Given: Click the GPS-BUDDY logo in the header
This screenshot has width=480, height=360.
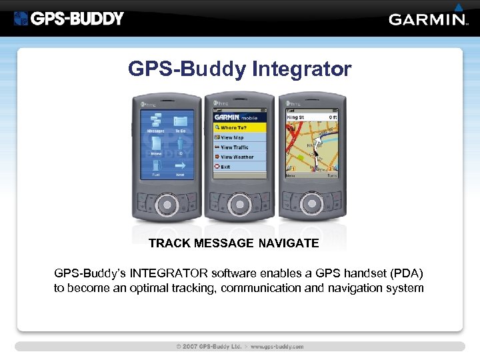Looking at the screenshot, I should pos(69,19).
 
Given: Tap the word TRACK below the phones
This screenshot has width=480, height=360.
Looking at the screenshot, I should pos(170,243).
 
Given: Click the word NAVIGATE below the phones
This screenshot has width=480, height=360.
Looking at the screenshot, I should pos(289,243).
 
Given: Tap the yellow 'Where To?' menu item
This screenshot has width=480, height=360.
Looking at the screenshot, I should pos(239,127).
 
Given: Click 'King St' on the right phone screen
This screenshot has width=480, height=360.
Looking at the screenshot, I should pos(296,117).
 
